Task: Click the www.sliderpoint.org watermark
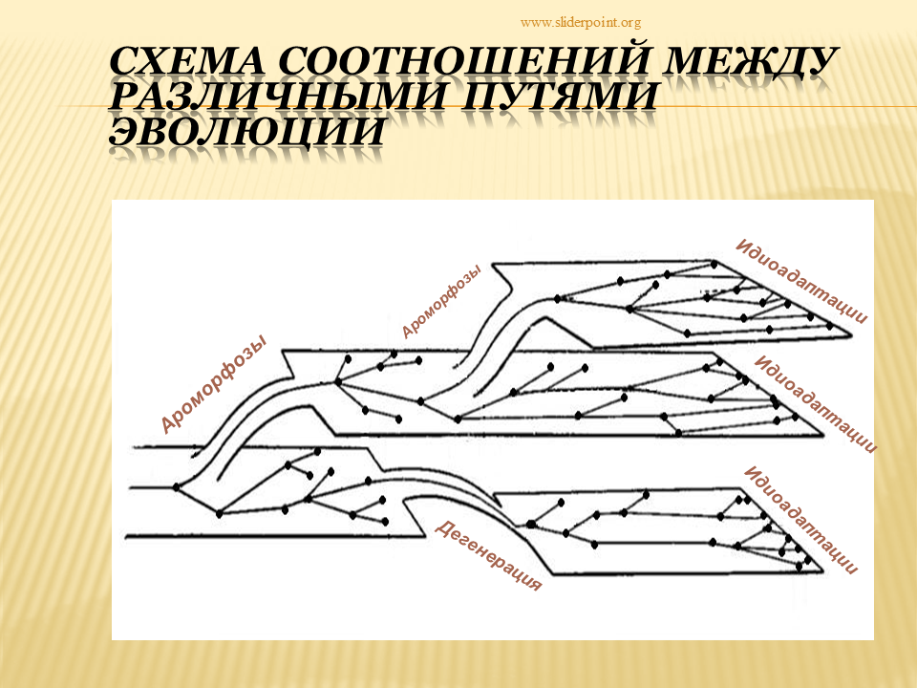coord(580,23)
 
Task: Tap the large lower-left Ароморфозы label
coord(213,384)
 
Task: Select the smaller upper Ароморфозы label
coord(441,301)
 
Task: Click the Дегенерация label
coord(488,555)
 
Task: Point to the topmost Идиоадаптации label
coord(801,281)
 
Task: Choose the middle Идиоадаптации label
coord(816,403)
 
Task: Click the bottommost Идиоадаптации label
coord(801,520)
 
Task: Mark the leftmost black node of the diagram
coord(177,486)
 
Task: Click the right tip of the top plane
coord(851,335)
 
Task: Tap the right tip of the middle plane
coord(823,436)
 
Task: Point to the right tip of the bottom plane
coord(822,572)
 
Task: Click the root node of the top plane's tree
coord(557,299)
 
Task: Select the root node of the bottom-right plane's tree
coord(530,525)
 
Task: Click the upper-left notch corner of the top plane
coord(493,264)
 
